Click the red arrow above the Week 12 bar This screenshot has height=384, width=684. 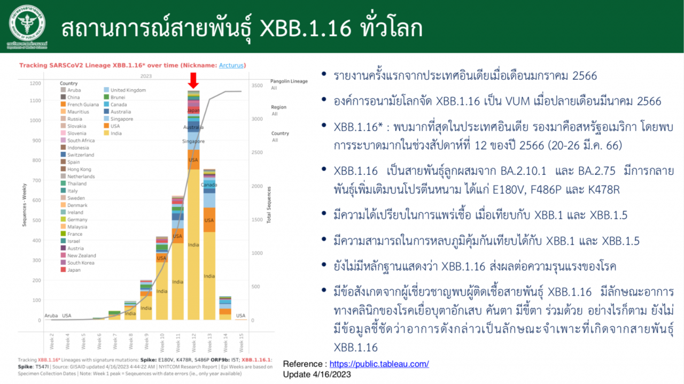pos(193,81)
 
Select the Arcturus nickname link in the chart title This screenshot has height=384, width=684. pos(231,65)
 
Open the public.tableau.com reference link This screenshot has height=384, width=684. pos(379,364)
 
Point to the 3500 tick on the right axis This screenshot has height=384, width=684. pos(257,86)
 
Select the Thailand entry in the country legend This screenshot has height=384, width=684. pos(76,183)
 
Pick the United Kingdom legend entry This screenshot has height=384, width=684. pos(128,90)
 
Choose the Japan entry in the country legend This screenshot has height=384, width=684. pos(74,270)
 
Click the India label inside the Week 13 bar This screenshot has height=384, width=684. pos(209,276)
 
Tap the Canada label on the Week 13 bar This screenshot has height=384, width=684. pos(209,185)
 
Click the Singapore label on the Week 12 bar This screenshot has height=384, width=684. pos(193,141)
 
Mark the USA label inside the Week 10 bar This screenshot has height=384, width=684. pos(162,258)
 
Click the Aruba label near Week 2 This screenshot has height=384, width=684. pos(51,316)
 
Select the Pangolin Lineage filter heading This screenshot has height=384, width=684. pos(289,81)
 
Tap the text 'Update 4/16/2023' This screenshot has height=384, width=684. pos(317,374)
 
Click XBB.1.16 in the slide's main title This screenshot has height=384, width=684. pos(306,28)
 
